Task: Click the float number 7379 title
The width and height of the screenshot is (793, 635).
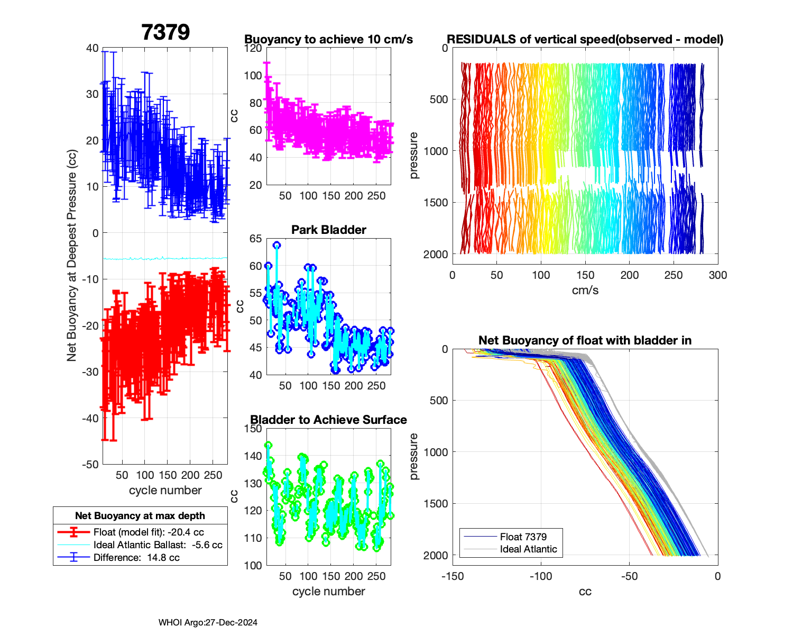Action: point(165,32)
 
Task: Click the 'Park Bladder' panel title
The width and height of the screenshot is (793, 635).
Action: point(329,230)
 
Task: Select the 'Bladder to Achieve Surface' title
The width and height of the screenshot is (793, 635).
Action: point(328,420)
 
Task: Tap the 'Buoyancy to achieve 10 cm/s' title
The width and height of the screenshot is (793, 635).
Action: point(328,39)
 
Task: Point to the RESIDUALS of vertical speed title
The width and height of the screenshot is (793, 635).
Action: point(585,39)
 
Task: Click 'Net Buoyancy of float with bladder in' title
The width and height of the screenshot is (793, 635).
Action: point(585,340)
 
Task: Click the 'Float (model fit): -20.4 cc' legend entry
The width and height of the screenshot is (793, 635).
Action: point(149,532)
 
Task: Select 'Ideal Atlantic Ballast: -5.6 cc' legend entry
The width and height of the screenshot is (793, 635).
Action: point(158,545)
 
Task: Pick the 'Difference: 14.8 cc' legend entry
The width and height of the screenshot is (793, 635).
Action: point(136,557)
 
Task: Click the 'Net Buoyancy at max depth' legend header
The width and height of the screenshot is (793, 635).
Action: point(140,515)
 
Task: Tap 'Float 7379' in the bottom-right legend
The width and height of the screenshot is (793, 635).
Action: point(523,537)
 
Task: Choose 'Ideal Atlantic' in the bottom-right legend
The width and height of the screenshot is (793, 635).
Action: point(528,549)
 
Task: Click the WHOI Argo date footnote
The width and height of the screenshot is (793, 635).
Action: point(208,622)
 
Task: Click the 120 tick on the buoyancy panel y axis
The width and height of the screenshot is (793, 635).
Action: point(253,48)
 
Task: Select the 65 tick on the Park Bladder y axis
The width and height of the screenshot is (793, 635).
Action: point(255,239)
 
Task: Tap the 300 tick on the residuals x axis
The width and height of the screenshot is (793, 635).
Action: point(717,275)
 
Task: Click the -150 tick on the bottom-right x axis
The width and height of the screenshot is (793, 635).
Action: point(453,576)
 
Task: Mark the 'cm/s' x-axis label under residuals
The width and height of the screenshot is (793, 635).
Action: point(585,290)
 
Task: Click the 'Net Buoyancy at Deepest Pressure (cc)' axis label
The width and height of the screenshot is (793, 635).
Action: point(72,256)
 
